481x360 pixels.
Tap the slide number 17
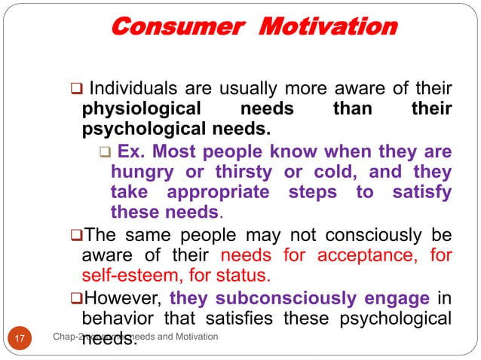pos(22,337)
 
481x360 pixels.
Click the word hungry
pos(141,172)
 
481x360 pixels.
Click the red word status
pos(247,276)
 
